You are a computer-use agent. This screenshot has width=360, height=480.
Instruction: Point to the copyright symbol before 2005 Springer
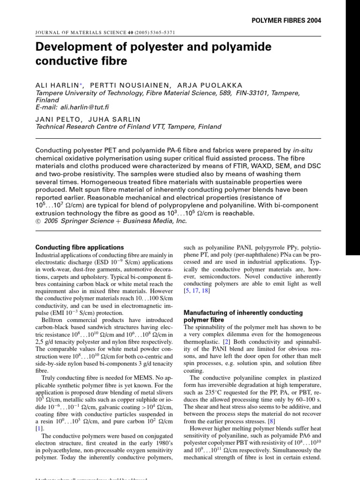tap(39, 221)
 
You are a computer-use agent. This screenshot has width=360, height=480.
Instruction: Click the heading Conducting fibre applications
tap(80, 247)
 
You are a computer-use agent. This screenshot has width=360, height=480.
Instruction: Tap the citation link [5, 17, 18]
tap(196, 291)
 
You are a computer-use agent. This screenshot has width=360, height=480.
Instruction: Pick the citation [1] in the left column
tap(40, 428)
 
